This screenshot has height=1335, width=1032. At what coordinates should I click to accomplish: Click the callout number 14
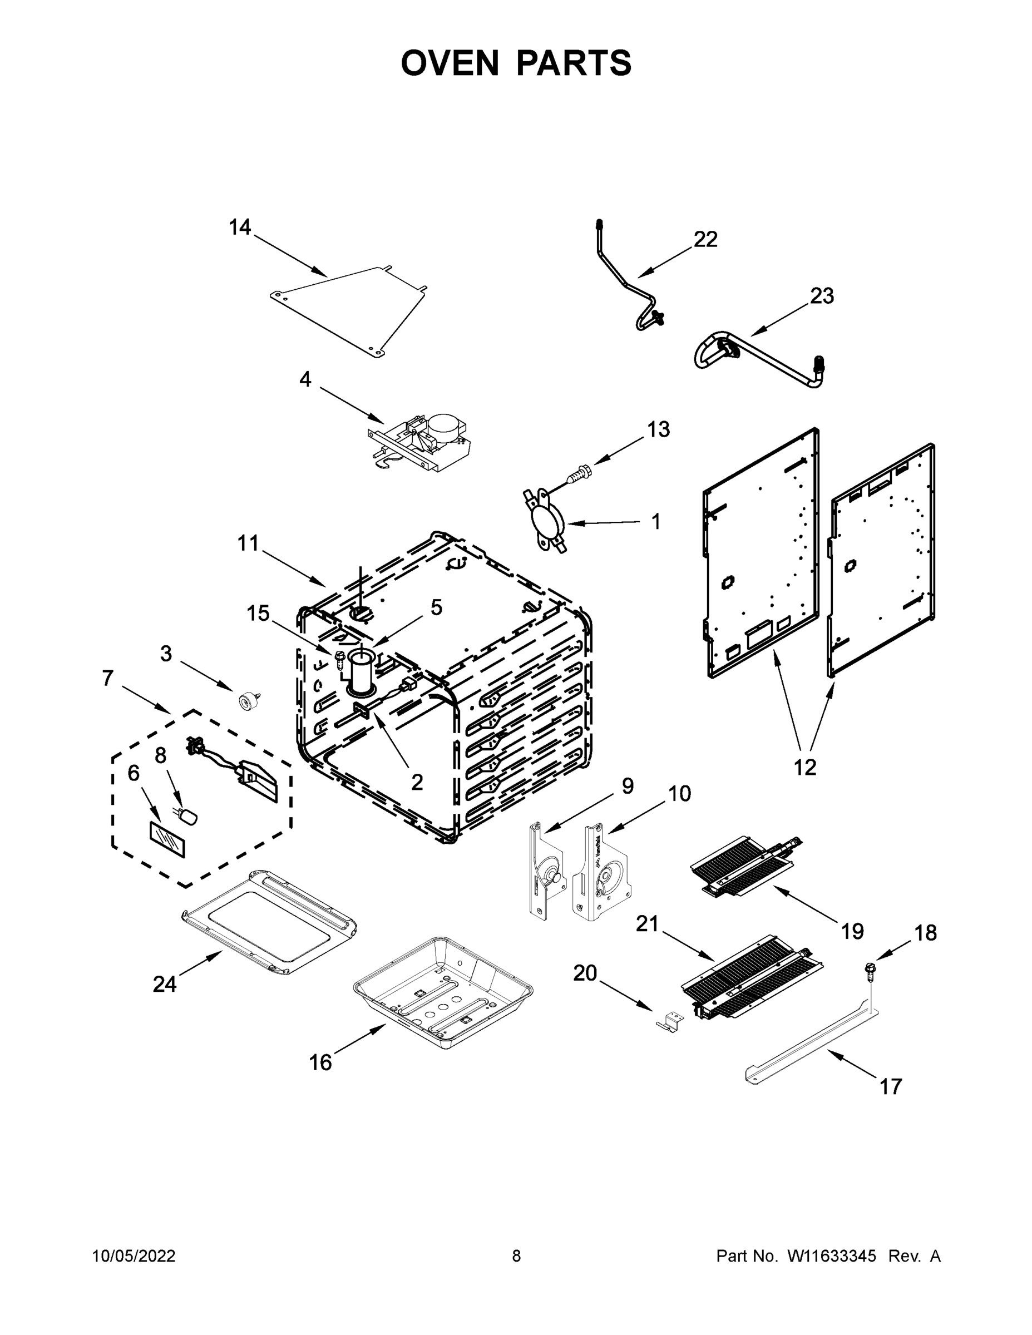(x=240, y=228)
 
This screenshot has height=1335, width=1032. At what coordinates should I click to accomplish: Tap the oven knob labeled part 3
(x=247, y=700)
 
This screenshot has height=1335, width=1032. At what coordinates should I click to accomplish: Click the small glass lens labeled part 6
(x=169, y=840)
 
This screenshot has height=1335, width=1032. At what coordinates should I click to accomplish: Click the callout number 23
(x=822, y=296)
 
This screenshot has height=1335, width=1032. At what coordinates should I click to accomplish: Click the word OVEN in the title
(x=450, y=63)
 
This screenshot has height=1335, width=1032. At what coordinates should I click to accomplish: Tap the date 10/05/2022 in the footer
(x=134, y=1256)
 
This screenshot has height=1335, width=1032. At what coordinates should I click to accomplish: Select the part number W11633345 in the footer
(x=832, y=1256)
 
